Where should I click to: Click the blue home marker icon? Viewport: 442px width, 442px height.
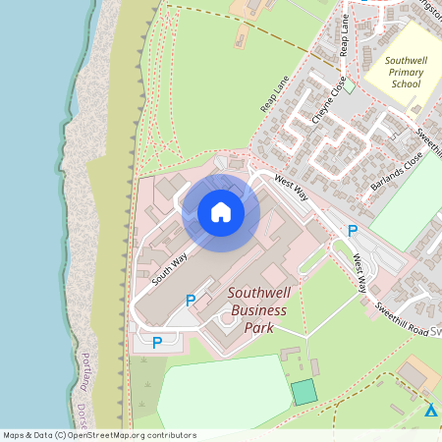pyautogui.click(x=221, y=211)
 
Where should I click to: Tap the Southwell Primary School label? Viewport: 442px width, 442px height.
pyautogui.click(x=405, y=71)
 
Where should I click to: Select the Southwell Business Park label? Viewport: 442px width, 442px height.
pyautogui.click(x=257, y=310)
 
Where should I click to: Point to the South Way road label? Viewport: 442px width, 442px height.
pyautogui.click(x=169, y=269)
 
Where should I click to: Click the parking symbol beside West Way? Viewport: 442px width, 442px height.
pyautogui.click(x=352, y=231)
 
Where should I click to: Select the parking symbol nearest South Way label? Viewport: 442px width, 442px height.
pyautogui.click(x=191, y=300)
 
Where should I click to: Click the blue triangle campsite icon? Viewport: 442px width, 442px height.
pyautogui.click(x=430, y=410)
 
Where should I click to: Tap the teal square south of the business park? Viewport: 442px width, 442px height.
pyautogui.click(x=304, y=391)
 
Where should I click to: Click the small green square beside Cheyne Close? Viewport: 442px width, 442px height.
pyautogui.click(x=349, y=86)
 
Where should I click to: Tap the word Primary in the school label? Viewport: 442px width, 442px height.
pyautogui.click(x=405, y=72)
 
